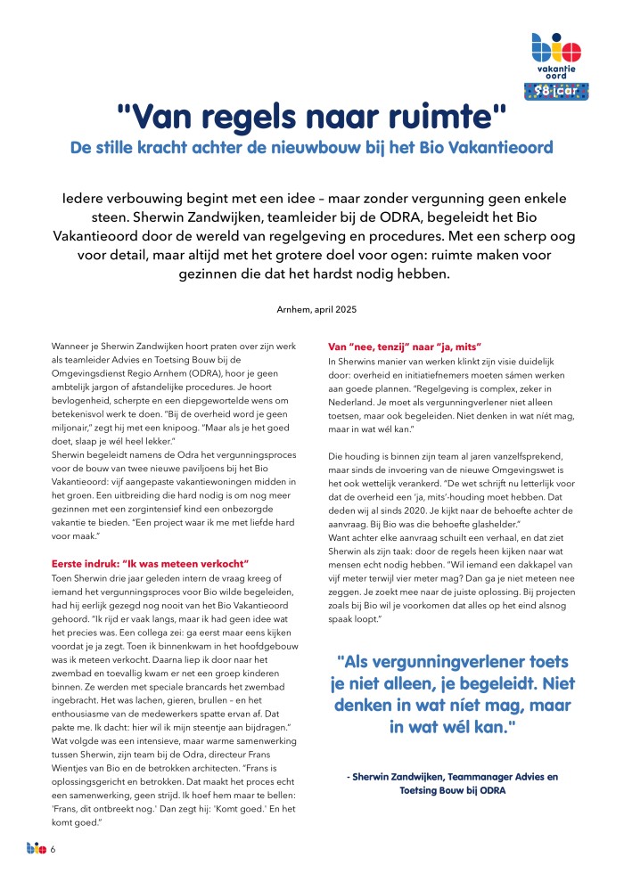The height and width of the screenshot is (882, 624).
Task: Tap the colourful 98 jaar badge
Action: point(555,90)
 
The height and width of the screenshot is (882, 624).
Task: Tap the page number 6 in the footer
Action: point(53,850)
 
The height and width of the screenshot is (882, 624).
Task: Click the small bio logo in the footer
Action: point(36,849)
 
